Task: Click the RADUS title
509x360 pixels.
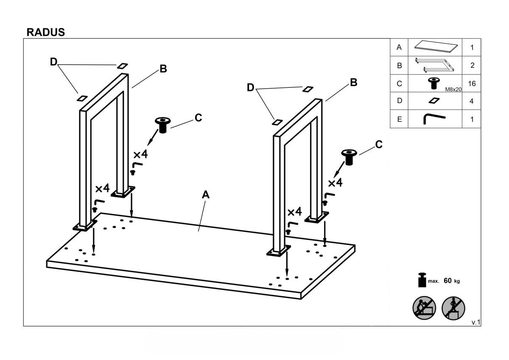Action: point(45,32)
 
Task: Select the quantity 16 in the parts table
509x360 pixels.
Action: point(472,84)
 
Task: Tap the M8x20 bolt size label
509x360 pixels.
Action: point(453,90)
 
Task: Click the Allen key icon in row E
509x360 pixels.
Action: point(434,119)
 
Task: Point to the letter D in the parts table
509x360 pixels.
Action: point(399,101)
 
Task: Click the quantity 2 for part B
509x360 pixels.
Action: point(472,65)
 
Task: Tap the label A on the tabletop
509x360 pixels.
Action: point(206,194)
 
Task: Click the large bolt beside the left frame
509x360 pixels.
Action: point(162,125)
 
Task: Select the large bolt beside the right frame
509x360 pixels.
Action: point(349,157)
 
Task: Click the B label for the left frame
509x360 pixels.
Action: point(163,69)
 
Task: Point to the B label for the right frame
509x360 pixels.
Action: point(353,83)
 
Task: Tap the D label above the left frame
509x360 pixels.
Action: point(53,62)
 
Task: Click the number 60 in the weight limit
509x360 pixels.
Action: point(447,281)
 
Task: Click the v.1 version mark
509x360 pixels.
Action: point(475,323)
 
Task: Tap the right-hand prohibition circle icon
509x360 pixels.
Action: point(453,307)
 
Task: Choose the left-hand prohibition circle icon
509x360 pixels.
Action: point(424,307)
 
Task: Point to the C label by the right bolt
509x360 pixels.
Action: point(379,145)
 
